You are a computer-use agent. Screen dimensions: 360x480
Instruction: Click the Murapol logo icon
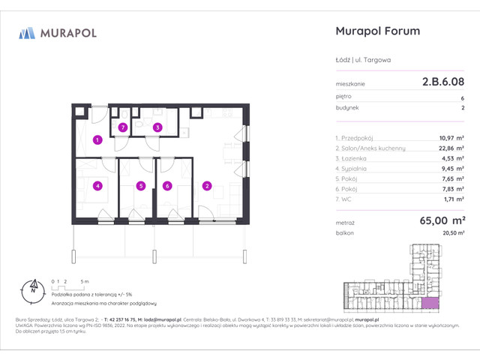[x=27, y=32]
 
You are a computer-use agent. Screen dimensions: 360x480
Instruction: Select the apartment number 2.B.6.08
[x=441, y=84]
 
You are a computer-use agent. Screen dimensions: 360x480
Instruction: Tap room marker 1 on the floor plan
[x=97, y=139]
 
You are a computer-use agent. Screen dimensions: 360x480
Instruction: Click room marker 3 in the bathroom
[x=157, y=128]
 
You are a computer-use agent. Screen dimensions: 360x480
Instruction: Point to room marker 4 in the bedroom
[x=97, y=186]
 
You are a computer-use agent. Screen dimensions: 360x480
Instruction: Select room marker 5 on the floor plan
[x=139, y=186]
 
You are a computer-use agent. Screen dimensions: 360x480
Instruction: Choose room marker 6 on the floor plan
[x=167, y=186]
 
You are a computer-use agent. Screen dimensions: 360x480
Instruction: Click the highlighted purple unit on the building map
[x=430, y=302]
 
